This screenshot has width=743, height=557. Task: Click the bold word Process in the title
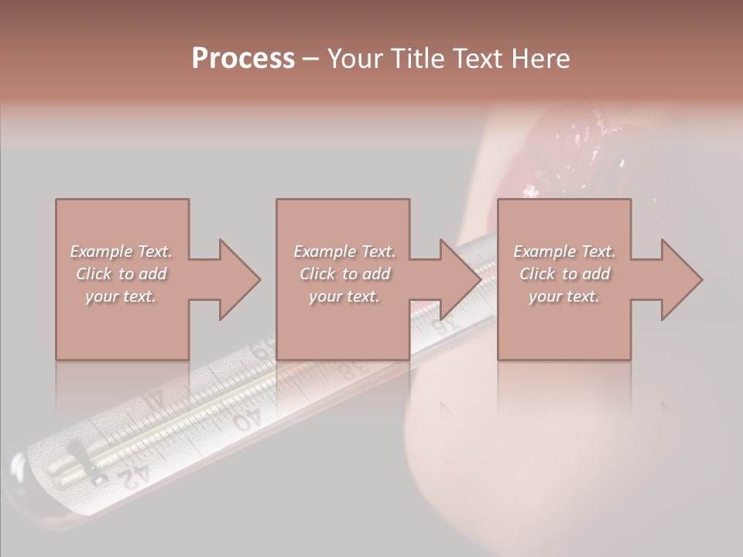coord(243,58)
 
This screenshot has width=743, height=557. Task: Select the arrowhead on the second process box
coord(460,279)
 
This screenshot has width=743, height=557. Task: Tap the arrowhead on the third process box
coord(681,279)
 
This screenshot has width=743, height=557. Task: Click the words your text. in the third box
coord(564,296)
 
